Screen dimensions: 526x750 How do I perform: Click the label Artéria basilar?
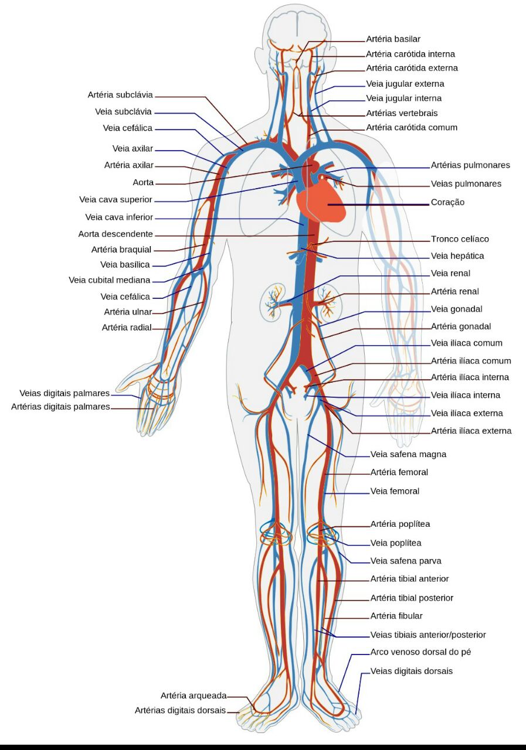393,39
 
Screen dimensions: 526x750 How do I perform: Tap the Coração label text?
447,202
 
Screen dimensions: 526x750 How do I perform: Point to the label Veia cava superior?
116,200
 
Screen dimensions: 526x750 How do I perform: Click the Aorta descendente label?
116,234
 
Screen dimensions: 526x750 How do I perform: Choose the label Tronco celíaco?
460,239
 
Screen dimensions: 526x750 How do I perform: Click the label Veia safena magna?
408,454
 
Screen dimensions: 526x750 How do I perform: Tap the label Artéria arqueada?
194,696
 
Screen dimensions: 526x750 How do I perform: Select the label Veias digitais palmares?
65,393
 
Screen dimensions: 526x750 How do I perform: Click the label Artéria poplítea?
400,524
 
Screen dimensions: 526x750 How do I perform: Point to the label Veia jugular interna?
403,98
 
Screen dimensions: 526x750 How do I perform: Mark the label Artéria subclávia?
120,95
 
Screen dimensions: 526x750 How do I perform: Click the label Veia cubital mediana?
110,280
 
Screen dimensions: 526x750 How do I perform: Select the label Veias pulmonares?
466,184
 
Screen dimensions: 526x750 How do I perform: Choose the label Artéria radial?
127,328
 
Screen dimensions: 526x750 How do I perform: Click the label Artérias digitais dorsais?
180,710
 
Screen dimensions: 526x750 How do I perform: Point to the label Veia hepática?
457,256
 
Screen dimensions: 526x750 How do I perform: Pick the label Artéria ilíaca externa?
471,431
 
